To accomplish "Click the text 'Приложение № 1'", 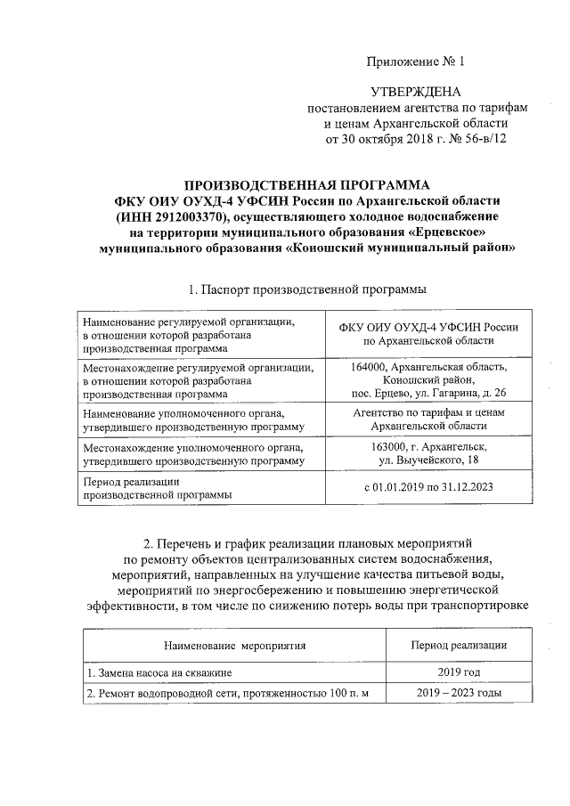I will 417,61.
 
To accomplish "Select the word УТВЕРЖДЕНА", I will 417,92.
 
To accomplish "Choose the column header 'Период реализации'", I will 458,645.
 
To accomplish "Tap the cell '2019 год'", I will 458,672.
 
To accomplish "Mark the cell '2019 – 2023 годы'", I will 458,693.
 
